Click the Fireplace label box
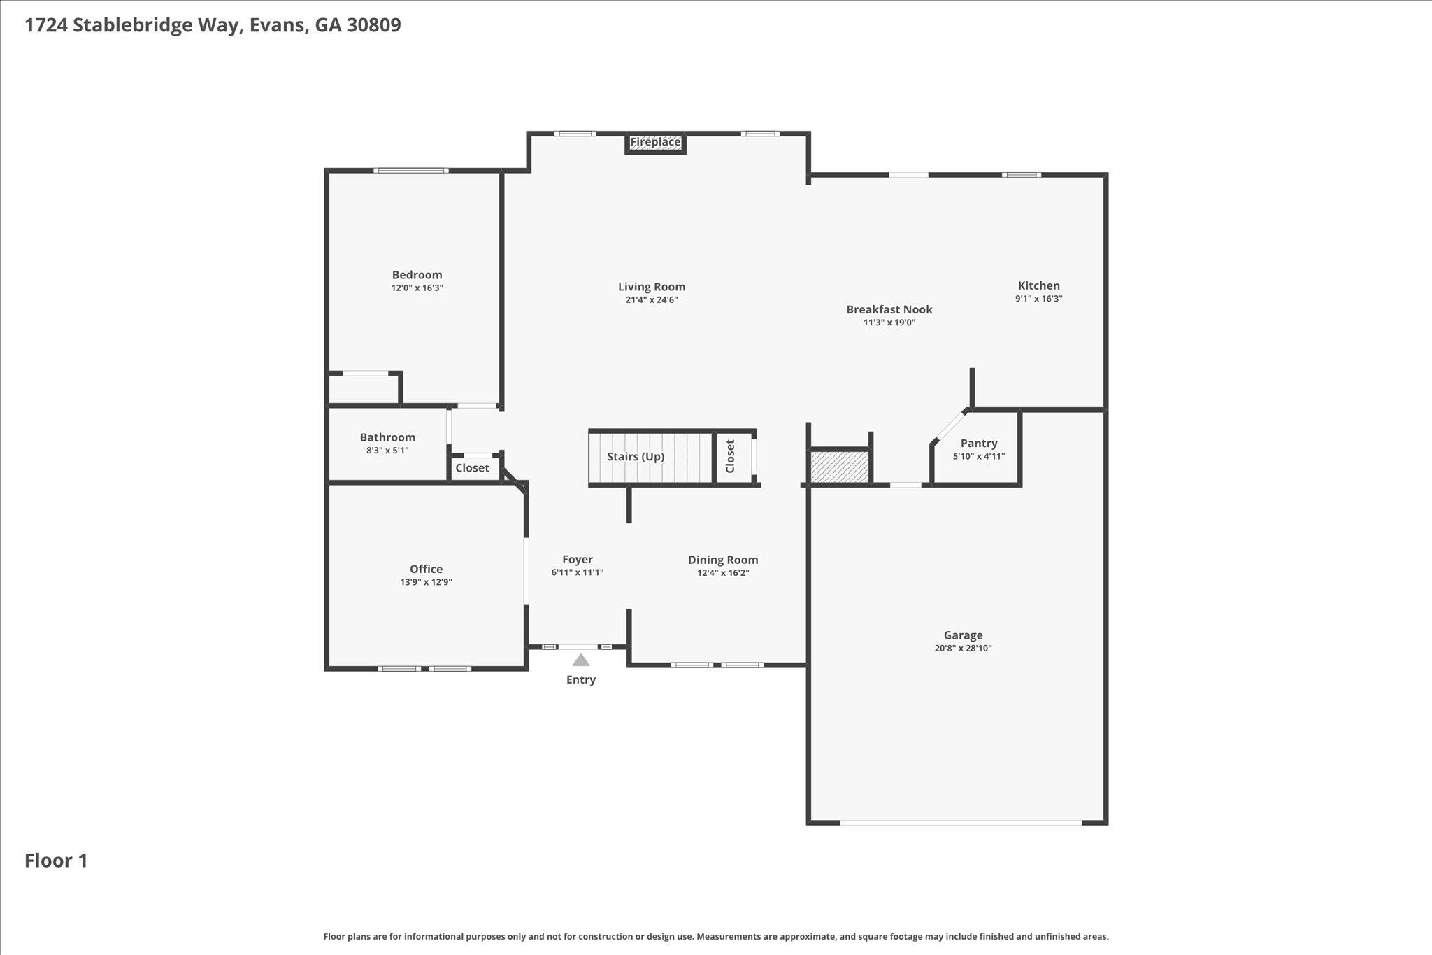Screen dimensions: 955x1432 [655, 143]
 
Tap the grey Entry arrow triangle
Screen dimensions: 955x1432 [581, 660]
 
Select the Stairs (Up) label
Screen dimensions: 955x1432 [635, 457]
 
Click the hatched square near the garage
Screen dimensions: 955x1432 [839, 467]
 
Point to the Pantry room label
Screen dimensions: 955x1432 [978, 444]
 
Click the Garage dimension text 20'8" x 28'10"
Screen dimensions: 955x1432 [963, 649]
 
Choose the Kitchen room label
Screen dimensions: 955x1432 [1038, 285]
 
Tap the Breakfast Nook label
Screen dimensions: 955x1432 [889, 309]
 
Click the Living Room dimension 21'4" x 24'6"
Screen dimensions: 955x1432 [651, 300]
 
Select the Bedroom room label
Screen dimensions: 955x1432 [417, 275]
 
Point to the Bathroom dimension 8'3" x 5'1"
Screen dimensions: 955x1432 [387, 451]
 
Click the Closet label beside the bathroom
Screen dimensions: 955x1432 [472, 468]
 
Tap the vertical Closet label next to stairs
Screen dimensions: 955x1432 [731, 456]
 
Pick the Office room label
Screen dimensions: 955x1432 [426, 570]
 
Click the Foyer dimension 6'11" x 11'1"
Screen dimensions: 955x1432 [577, 572]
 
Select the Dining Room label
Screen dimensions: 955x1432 [722, 560]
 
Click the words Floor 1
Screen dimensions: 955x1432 [56, 861]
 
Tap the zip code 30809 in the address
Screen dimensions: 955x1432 [373, 25]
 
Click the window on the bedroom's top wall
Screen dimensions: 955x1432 [410, 170]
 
